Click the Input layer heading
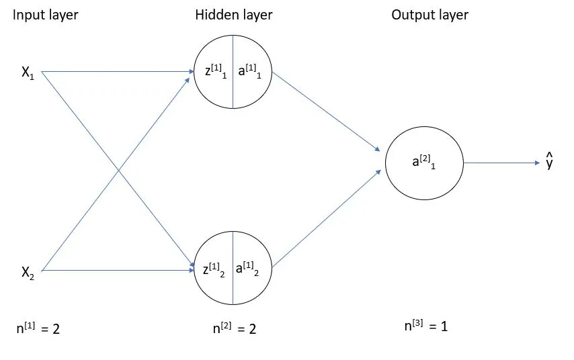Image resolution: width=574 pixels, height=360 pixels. (46, 15)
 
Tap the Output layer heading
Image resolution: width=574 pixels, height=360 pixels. (430, 15)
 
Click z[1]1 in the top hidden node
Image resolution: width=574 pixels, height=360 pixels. (215, 72)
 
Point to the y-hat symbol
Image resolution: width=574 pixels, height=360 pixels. (549, 162)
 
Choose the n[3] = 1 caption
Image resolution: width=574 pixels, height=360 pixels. (425, 326)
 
